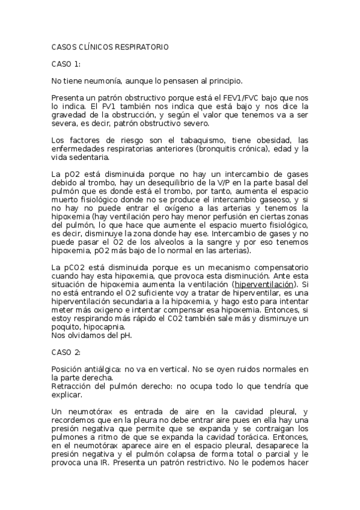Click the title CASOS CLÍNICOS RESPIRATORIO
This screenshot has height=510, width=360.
click(x=110, y=46)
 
